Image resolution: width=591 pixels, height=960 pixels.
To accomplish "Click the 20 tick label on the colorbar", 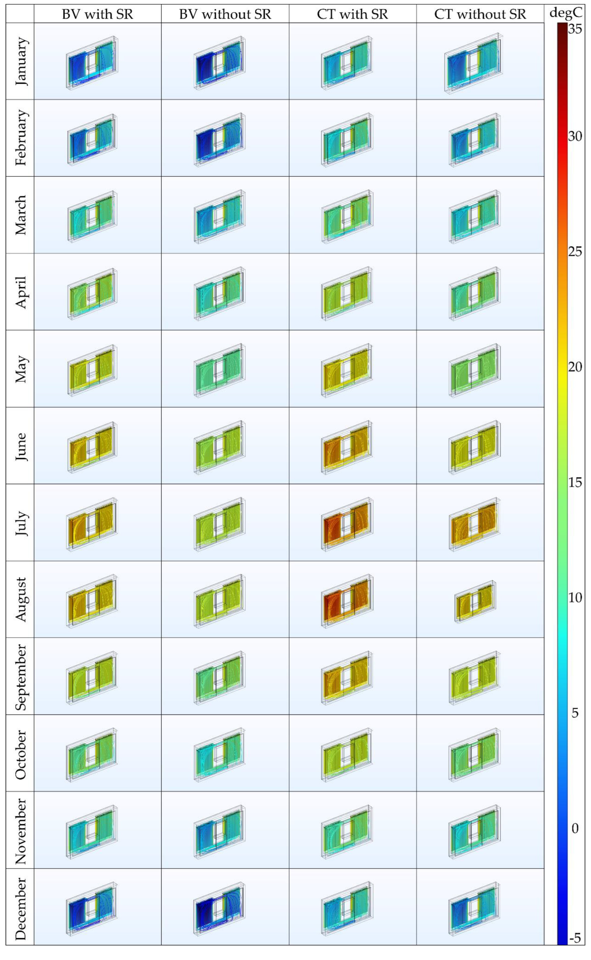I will pos(575,367).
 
